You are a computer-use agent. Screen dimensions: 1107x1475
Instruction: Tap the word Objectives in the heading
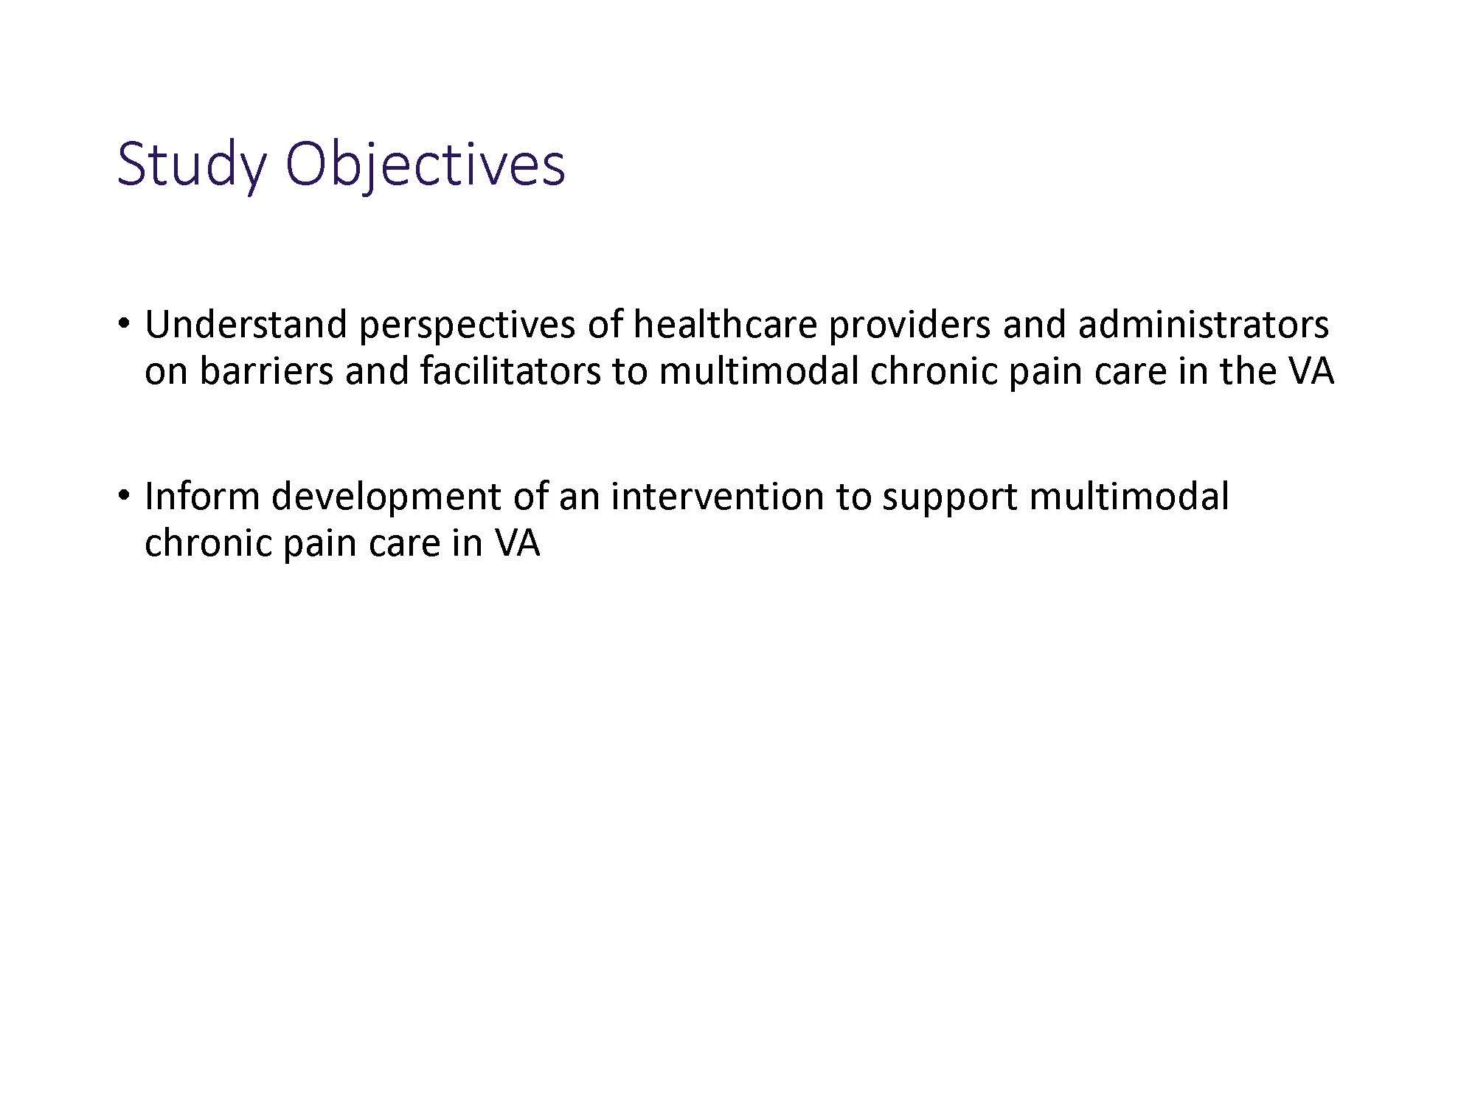pyautogui.click(x=426, y=165)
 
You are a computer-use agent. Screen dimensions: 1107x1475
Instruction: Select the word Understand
pyautogui.click(x=246, y=325)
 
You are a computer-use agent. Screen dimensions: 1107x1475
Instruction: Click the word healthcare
pyautogui.click(x=725, y=325)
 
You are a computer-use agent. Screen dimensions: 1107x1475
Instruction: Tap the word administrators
pyautogui.click(x=1203, y=325)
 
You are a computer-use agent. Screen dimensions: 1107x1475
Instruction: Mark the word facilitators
pyautogui.click(x=510, y=370)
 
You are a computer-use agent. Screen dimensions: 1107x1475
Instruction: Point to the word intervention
pyautogui.click(x=717, y=496)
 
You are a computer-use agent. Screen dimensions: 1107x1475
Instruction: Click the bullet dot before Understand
pyautogui.click(x=126, y=324)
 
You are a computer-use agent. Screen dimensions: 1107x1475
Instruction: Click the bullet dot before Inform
pyautogui.click(x=126, y=495)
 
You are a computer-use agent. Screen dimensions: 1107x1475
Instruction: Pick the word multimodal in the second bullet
pyautogui.click(x=1128, y=496)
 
